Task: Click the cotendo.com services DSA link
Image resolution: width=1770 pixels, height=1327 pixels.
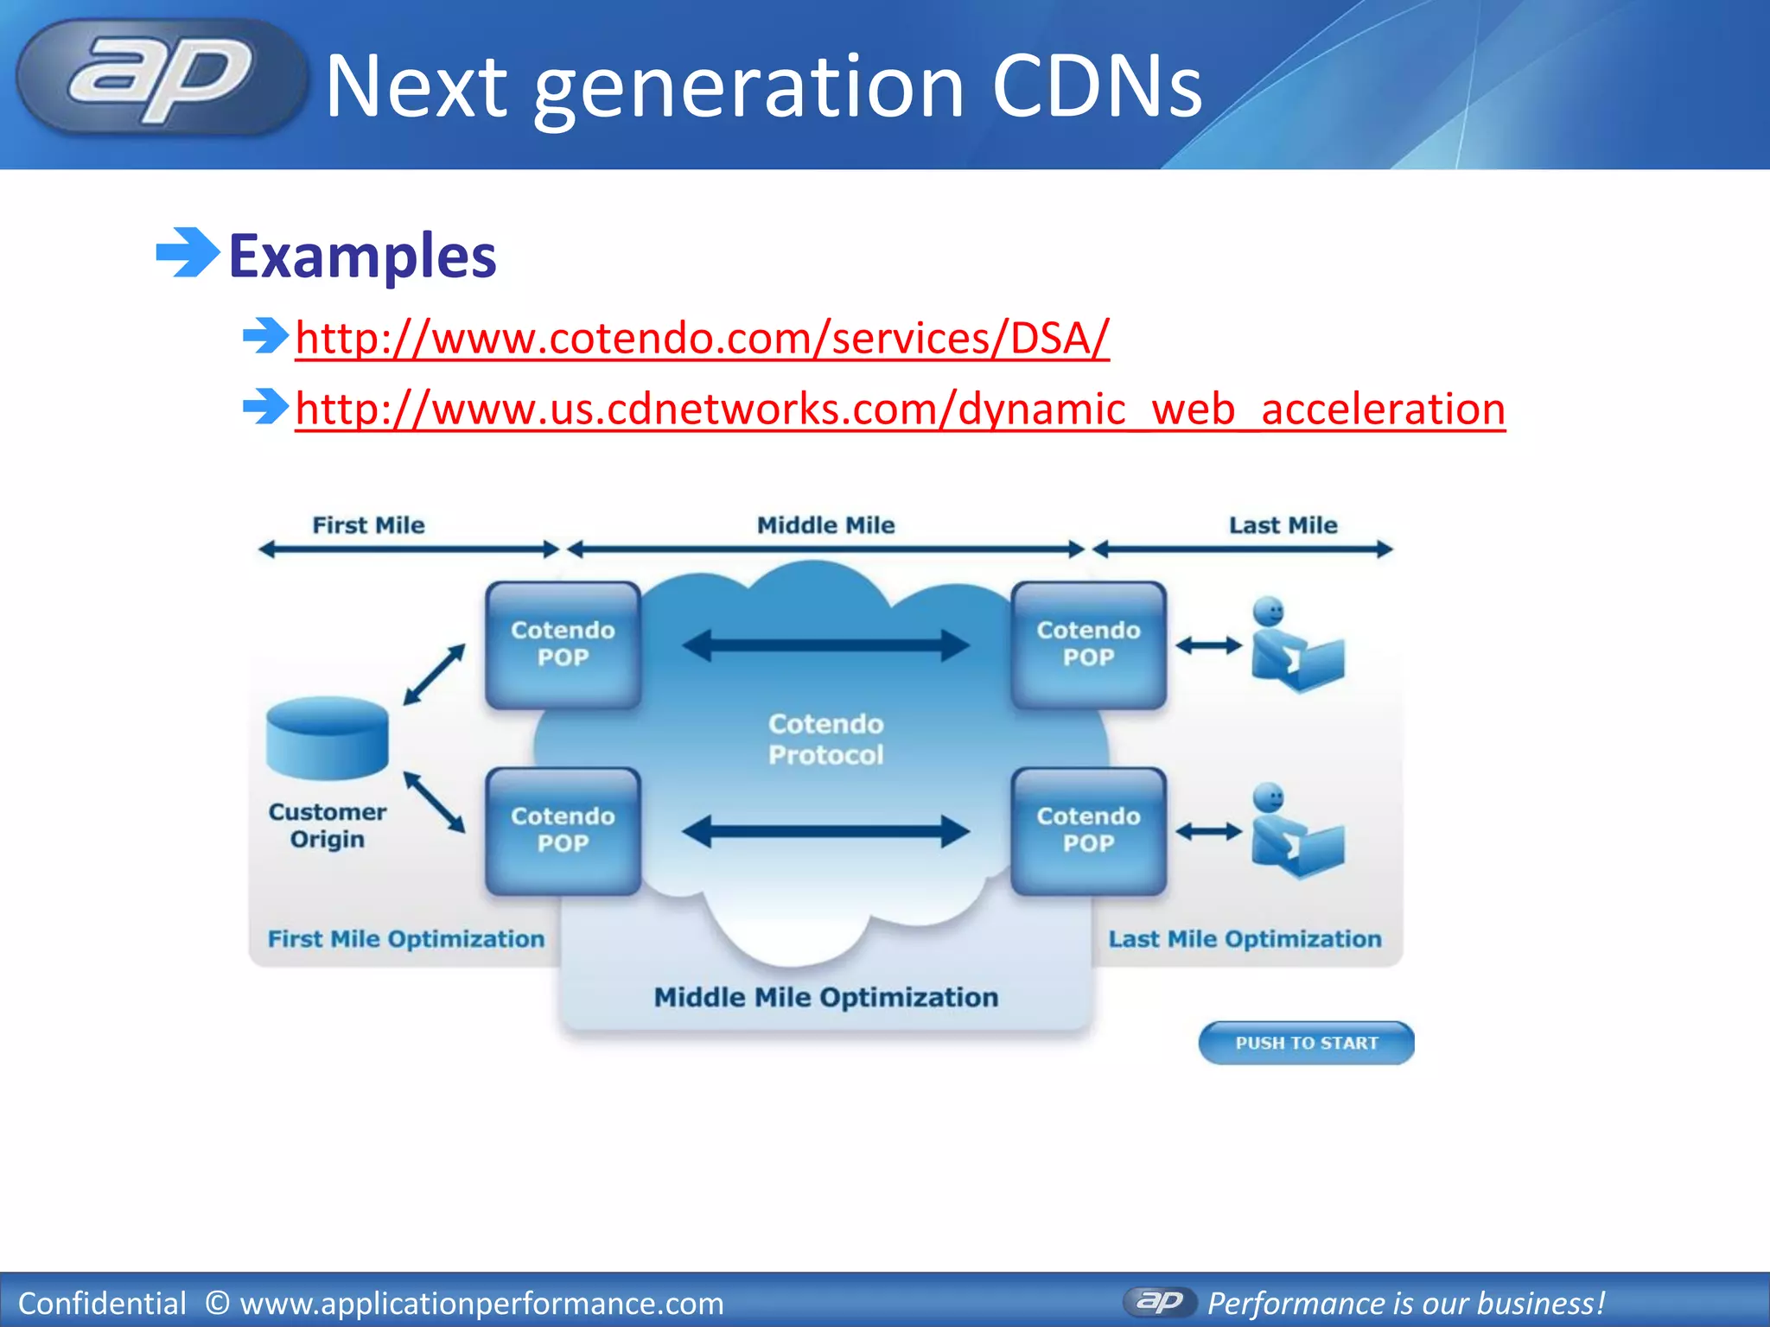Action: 702,338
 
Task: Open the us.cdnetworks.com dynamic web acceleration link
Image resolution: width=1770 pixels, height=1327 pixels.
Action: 899,409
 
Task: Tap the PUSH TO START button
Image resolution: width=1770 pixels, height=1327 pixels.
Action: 1306,1043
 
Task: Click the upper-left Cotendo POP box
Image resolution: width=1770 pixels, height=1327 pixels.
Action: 563,644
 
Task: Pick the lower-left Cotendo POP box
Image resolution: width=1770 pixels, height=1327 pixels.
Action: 563,830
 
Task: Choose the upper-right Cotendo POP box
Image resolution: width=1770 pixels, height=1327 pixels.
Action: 1088,644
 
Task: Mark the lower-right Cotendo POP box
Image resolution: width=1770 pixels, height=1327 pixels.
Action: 1088,830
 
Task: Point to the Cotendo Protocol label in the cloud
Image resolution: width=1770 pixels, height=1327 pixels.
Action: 825,740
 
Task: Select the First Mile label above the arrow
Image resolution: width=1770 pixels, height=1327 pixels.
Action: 368,525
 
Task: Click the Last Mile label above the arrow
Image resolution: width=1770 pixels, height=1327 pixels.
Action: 1283,525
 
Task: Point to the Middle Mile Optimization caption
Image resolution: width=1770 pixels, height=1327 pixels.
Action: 825,998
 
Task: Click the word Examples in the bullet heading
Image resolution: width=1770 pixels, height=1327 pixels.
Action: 362,257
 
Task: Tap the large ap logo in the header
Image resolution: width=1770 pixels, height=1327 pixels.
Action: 161,79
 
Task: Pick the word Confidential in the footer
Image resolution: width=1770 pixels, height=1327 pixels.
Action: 102,1303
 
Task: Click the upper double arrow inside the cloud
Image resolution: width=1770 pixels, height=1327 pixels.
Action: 825,645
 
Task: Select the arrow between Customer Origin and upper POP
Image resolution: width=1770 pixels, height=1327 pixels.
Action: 434,674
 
